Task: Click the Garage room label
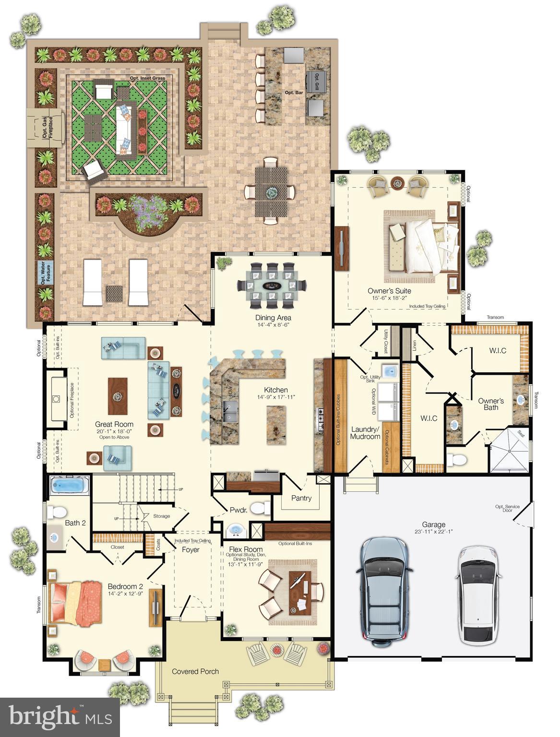coord(433,524)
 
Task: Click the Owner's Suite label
coord(389,291)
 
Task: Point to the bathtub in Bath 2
coord(70,485)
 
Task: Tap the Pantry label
coord(301,498)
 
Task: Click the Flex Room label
coord(246,549)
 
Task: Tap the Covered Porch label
coord(195,671)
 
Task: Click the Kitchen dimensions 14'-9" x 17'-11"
coord(276,397)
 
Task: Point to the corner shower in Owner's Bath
coord(510,451)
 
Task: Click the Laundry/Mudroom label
coord(365,433)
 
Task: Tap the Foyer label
coord(191,550)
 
